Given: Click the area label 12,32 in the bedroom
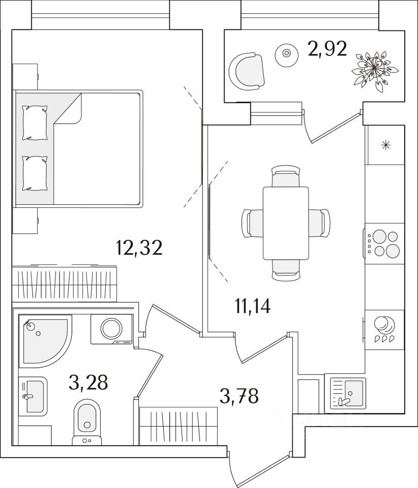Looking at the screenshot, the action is coord(139,248).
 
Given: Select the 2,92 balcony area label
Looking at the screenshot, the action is coord(327,49).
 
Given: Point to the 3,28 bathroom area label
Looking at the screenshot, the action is coord(88,382).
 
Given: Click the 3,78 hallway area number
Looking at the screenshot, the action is coord(239,396).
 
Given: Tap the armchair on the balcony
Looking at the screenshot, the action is coord(247,72).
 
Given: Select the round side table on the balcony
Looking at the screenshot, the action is coord(286,53).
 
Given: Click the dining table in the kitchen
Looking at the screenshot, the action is coord(286,223).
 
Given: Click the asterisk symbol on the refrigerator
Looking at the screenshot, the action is coord(386,145).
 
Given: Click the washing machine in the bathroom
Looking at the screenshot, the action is coord(112,329).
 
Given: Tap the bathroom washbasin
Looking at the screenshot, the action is coord(33,396).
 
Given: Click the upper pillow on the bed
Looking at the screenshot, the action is coord(35,123).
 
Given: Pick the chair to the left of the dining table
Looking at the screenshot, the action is coord(252,223).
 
